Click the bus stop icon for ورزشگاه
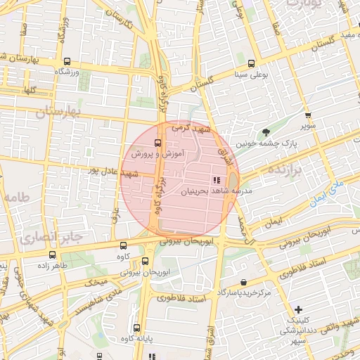tap(67, 61)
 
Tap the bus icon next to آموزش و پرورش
tap(157, 143)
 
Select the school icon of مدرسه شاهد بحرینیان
tap(215, 180)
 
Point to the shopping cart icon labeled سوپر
tap(307, 115)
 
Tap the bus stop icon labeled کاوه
tap(124, 246)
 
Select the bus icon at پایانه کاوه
tap(137, 328)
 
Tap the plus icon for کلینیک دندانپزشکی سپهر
tap(299, 309)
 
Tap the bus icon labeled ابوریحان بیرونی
tap(146, 261)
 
